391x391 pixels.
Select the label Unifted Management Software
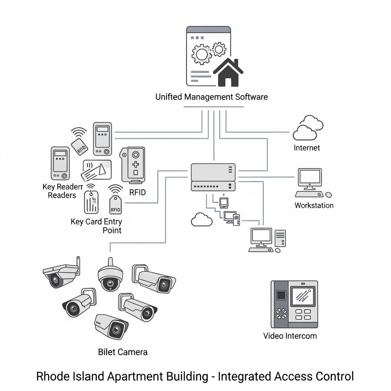coord(211,97)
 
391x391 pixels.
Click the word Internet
coord(307,148)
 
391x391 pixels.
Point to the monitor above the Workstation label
coord(310,178)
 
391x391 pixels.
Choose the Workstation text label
coord(314,205)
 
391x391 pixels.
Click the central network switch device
coord(213,177)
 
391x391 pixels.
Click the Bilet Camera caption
coord(123,352)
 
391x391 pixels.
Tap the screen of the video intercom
coord(303,296)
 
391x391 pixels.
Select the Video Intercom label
coord(290,336)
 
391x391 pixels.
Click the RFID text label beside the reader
coord(137,192)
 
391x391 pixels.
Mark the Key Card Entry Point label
coord(97,226)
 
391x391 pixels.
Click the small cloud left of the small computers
coord(201,220)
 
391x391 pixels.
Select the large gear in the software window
coord(201,53)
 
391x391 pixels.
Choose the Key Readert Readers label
coord(62,191)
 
